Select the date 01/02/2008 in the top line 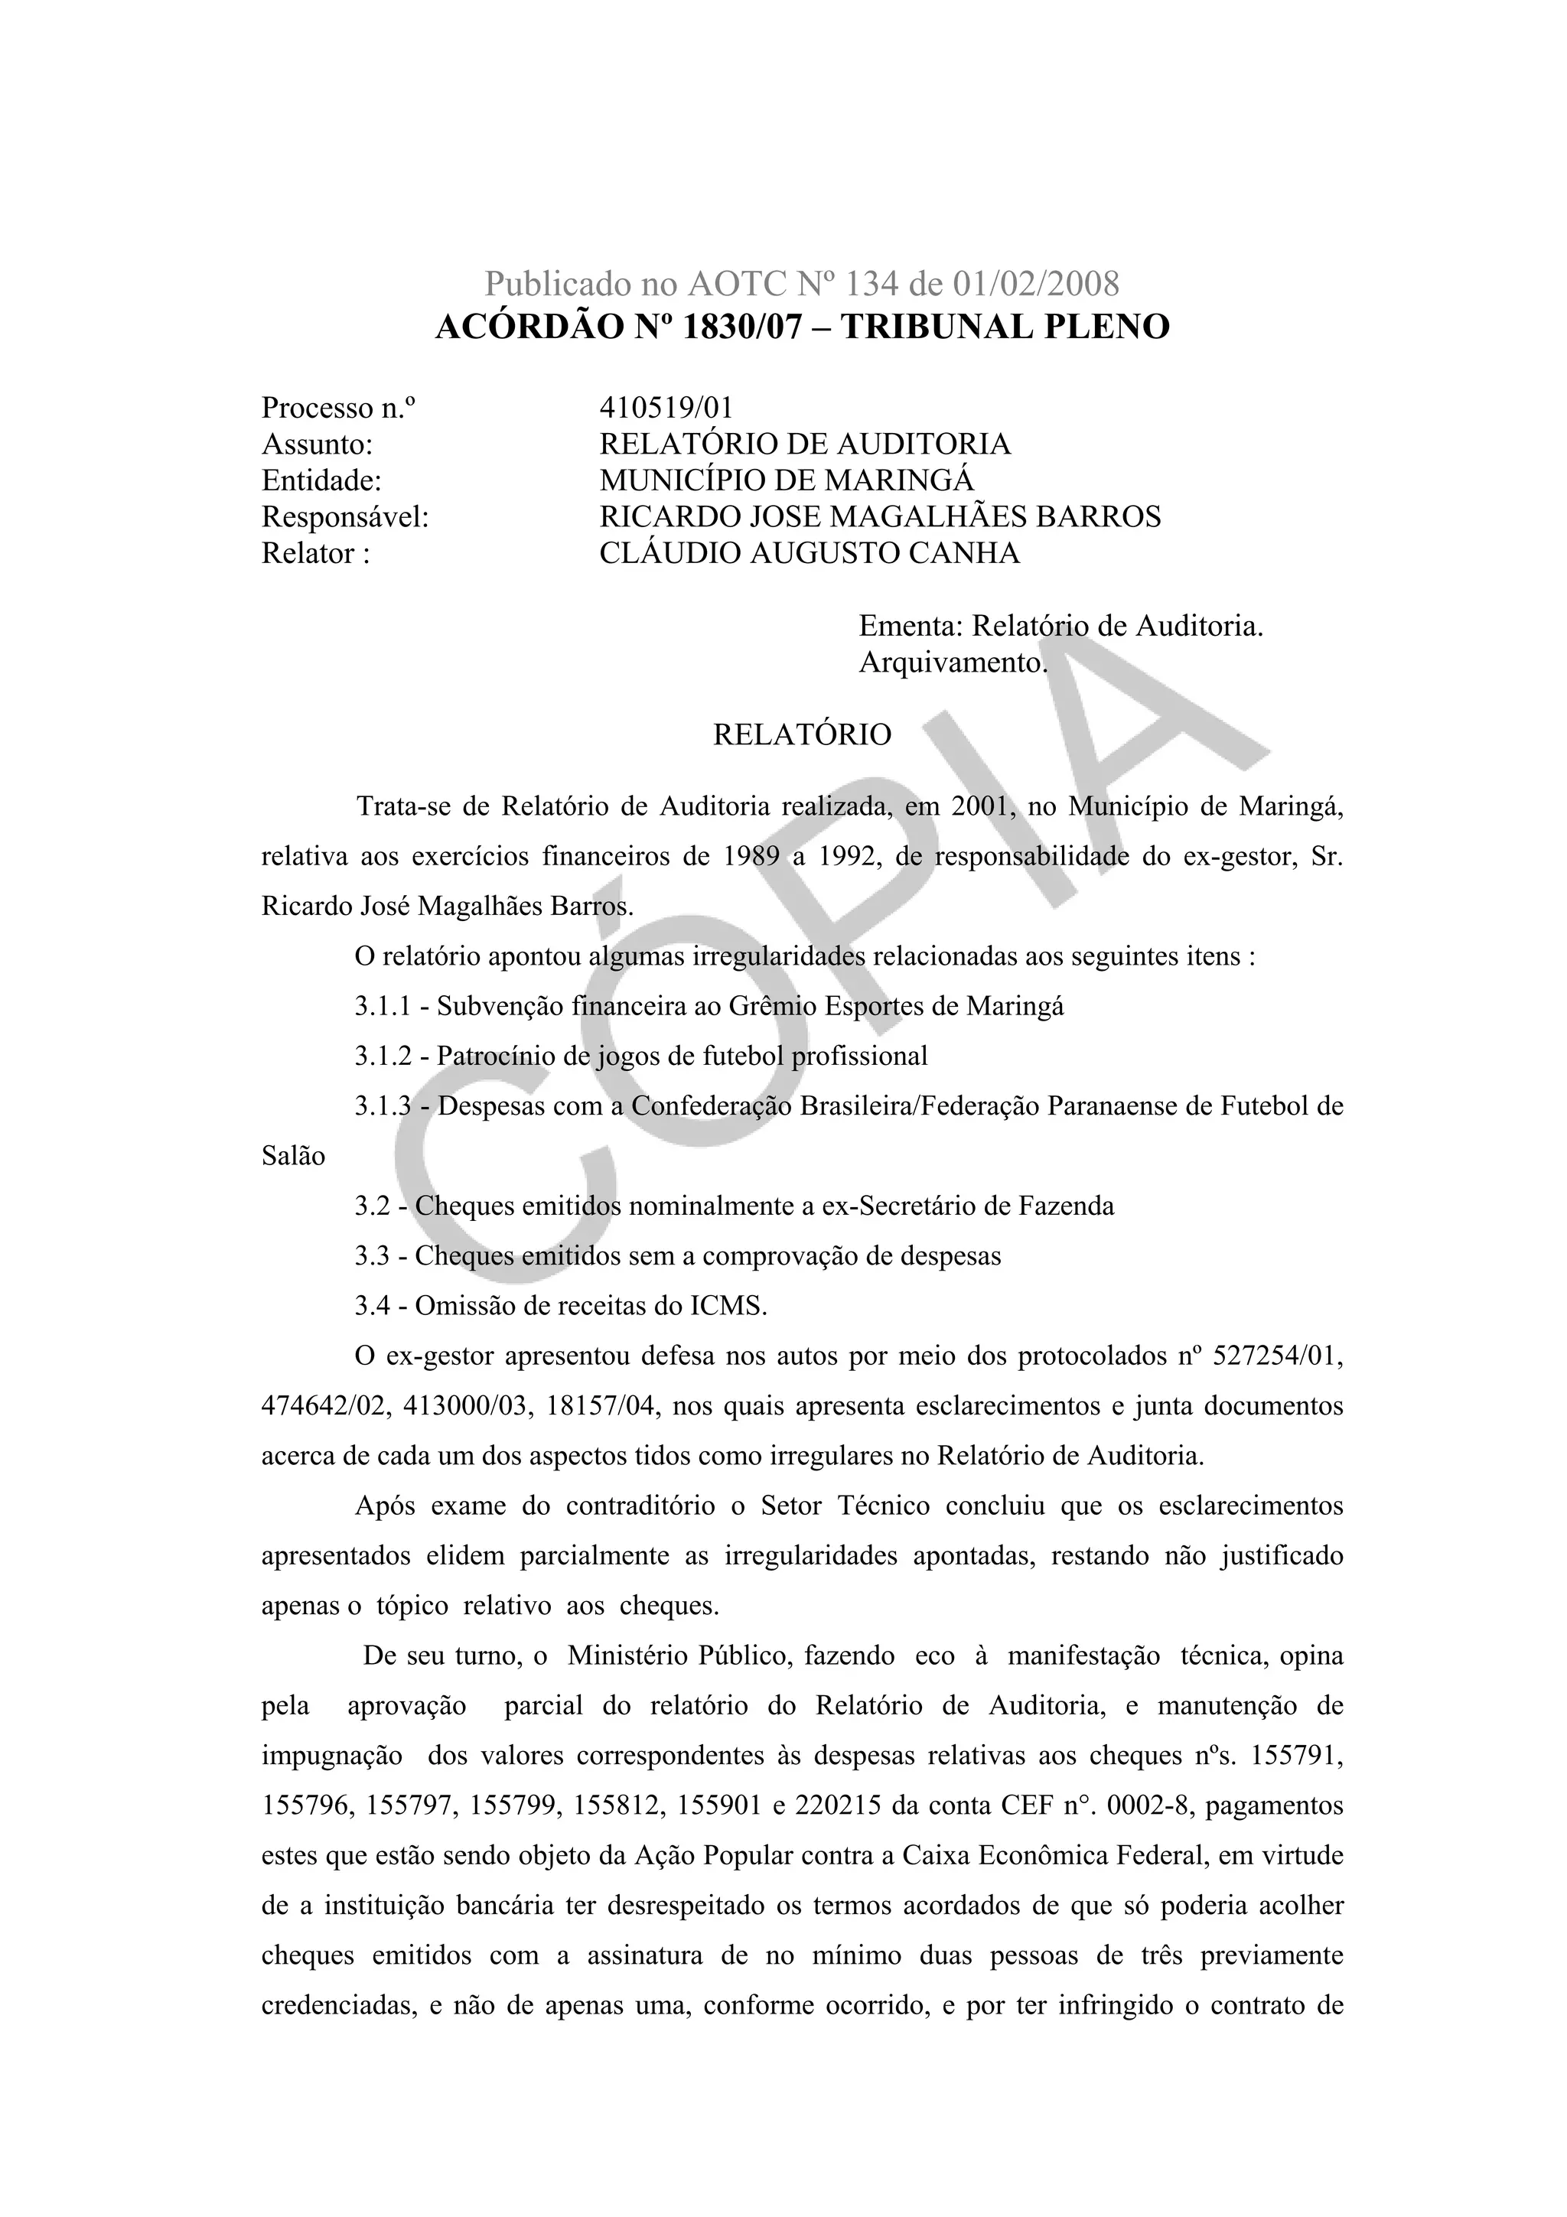[1036, 284]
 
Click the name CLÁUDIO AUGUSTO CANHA [809, 553]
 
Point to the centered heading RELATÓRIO [803, 735]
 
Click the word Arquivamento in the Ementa [951, 663]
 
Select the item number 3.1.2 [383, 1056]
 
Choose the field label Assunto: [317, 444]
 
